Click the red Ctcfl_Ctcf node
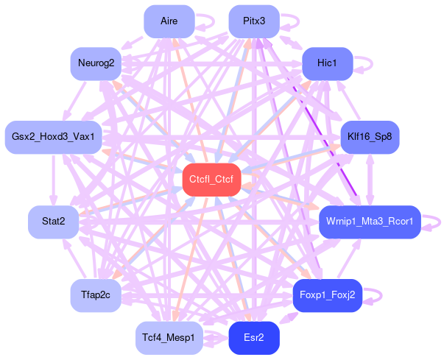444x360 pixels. tap(211, 180)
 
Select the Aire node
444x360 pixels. tap(169, 21)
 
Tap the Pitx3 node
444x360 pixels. tap(253, 21)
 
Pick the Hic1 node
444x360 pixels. tap(327, 63)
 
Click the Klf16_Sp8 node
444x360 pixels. tap(370, 137)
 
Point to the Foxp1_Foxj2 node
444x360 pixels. tap(327, 295)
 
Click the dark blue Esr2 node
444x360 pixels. tap(253, 338)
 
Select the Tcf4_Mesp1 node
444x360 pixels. tap(169, 338)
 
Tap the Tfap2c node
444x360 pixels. tap(95, 295)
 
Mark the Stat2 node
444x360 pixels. tap(53, 222)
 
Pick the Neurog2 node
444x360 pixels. tap(95, 63)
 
